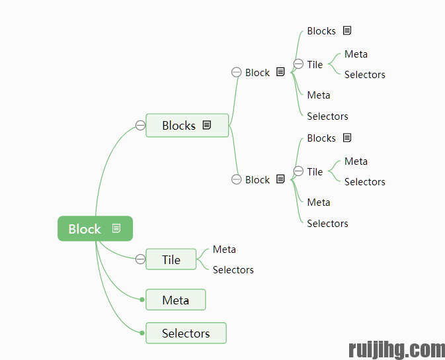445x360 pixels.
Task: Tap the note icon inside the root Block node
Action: pyautogui.click(x=116, y=228)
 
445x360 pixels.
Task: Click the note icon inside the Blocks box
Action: pyautogui.click(x=207, y=125)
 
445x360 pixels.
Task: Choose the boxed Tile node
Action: pyautogui.click(x=171, y=259)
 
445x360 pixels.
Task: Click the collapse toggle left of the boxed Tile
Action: pyautogui.click(x=140, y=259)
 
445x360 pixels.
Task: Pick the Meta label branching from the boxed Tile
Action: pyautogui.click(x=224, y=249)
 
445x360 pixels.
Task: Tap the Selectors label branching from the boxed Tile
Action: pyautogui.click(x=233, y=270)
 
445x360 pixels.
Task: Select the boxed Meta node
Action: pyautogui.click(x=175, y=300)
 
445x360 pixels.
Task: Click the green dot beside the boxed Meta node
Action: pyautogui.click(x=142, y=300)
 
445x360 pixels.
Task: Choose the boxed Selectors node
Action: pyautogui.click(x=185, y=334)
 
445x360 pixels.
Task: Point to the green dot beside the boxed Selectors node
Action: pyautogui.click(x=142, y=333)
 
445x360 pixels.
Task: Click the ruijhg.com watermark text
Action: pyautogui.click(x=396, y=349)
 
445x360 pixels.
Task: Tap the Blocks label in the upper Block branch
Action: pyautogui.click(x=321, y=31)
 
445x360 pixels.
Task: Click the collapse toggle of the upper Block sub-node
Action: pyautogui.click(x=236, y=73)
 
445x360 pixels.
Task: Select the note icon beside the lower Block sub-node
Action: pyautogui.click(x=280, y=179)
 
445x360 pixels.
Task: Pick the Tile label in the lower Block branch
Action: pyautogui.click(x=315, y=172)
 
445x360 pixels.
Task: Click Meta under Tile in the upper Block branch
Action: pyautogui.click(x=356, y=54)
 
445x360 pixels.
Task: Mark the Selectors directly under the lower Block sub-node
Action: pyautogui.click(x=327, y=224)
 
